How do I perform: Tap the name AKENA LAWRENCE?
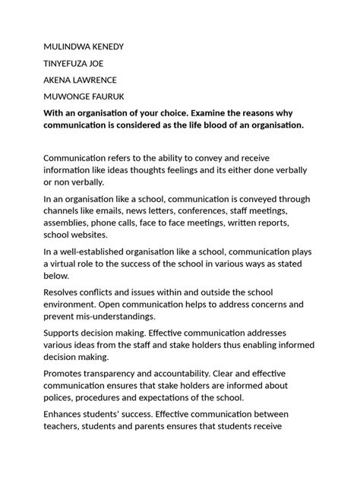click(x=80, y=79)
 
